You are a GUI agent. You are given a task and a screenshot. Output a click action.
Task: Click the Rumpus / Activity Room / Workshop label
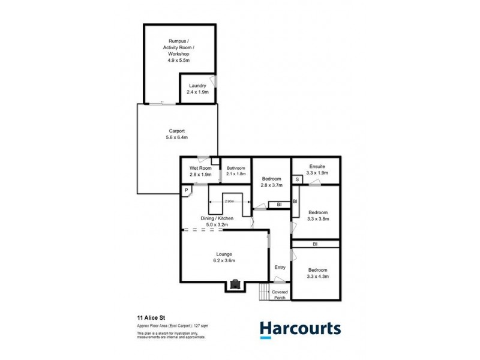pos(179,50)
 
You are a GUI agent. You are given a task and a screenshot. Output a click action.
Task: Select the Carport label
pos(176,134)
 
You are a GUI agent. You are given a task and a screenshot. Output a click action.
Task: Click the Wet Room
pos(200,171)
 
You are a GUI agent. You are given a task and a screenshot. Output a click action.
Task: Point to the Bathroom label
pos(236,171)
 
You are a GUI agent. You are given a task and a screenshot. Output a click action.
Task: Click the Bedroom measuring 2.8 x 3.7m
pos(271,182)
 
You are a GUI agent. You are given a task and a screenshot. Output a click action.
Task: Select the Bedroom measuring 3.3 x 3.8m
pos(317,216)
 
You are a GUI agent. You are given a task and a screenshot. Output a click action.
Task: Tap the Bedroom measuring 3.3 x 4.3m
pos(317,273)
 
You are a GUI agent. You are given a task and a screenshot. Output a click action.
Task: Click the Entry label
pos(280,267)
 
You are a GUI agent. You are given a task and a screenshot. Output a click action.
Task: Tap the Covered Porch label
pos(280,295)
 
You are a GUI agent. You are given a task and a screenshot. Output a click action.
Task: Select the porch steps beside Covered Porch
pos(263,293)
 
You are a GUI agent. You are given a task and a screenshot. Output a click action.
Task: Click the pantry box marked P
pos(187,190)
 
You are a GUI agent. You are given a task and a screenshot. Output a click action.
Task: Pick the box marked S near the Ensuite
pos(296,179)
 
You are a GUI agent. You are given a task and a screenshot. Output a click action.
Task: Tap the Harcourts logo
pos(300,328)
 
